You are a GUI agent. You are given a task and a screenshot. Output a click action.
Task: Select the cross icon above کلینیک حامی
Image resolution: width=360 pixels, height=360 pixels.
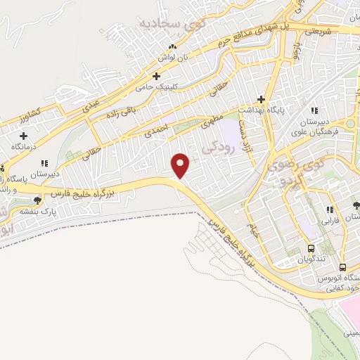(156, 75)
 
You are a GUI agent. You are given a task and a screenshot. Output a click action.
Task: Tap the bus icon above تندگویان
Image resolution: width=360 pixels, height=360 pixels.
(310, 248)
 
